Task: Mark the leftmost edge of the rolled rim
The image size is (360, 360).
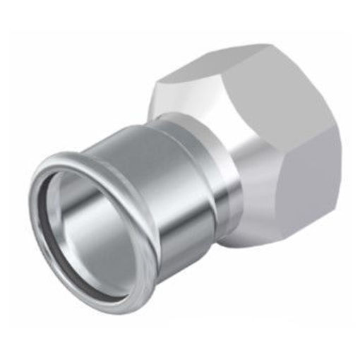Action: [32, 212]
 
